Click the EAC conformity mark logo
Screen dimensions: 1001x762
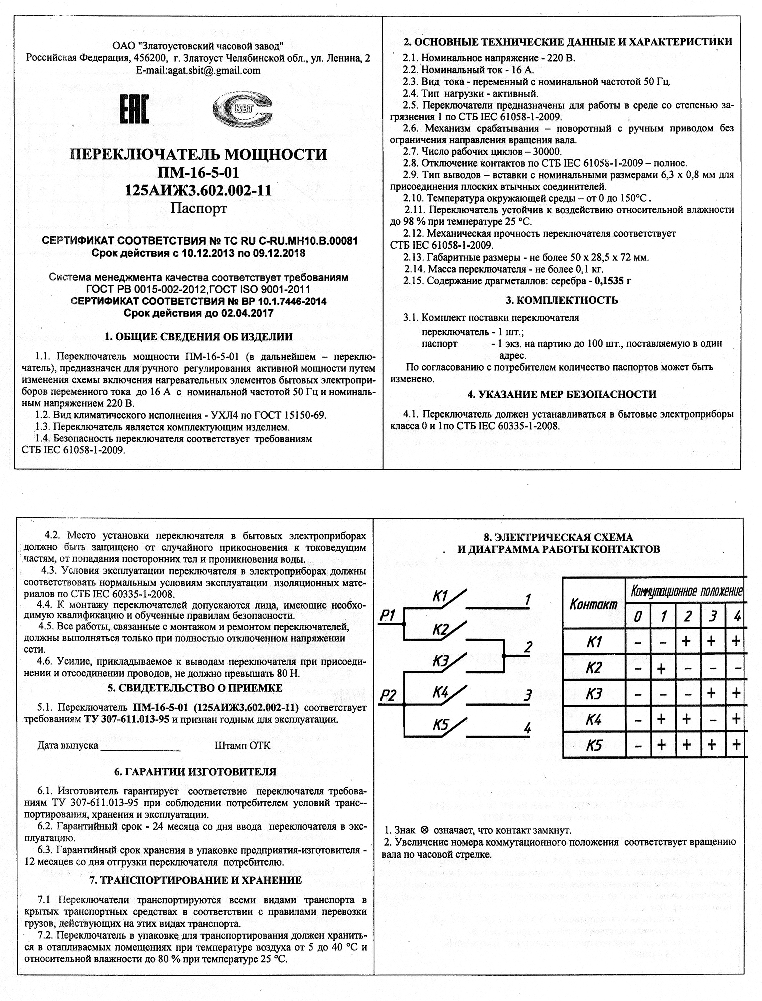click(x=134, y=110)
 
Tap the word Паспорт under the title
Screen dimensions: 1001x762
click(x=199, y=208)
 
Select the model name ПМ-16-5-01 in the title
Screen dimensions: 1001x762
click(x=198, y=173)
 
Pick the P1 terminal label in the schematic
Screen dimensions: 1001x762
click(x=389, y=615)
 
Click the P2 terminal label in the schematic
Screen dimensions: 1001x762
click(x=389, y=695)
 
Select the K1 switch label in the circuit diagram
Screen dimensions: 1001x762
click(x=442, y=596)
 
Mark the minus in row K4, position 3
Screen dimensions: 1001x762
click(x=712, y=720)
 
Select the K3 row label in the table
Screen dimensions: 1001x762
click(x=594, y=694)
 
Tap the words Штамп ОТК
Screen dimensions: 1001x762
click(x=242, y=746)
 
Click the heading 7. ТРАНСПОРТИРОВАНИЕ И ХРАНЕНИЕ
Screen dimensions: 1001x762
click(x=195, y=880)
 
